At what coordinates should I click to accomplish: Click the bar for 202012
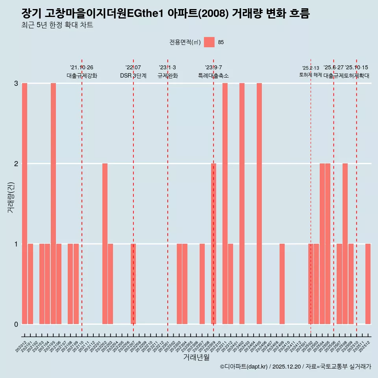(x=24, y=204)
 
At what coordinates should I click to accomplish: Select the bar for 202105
(x=53, y=204)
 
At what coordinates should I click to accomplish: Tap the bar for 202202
(x=105, y=244)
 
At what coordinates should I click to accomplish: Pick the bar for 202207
(x=133, y=284)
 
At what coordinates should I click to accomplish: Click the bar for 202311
(x=225, y=204)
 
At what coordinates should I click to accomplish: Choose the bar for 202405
(x=259, y=204)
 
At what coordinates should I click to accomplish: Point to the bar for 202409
(x=282, y=284)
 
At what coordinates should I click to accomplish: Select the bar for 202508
(x=345, y=244)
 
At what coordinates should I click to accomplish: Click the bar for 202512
(x=368, y=284)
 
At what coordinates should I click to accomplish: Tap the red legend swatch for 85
(x=209, y=42)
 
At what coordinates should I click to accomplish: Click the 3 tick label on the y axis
(x=16, y=83)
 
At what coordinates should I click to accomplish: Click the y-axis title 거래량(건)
(x=11, y=197)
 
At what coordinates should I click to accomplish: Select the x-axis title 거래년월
(x=196, y=357)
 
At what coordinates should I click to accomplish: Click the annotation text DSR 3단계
(x=133, y=76)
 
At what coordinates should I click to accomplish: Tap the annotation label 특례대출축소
(x=213, y=76)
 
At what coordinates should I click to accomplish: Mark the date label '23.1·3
(x=167, y=68)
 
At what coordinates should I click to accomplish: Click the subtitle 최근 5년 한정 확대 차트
(x=57, y=26)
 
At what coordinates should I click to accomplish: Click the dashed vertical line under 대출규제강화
(x=82, y=197)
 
